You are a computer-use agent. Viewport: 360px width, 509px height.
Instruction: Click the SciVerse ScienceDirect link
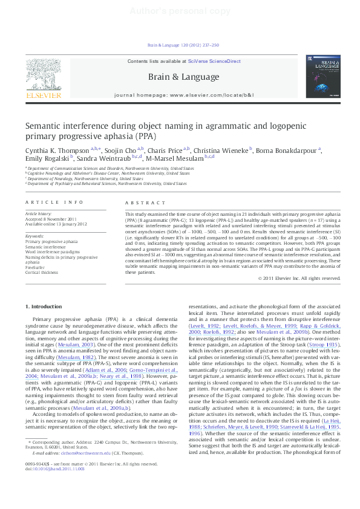click(x=214, y=61)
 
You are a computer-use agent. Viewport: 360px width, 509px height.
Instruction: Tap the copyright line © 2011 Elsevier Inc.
click(x=299, y=278)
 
